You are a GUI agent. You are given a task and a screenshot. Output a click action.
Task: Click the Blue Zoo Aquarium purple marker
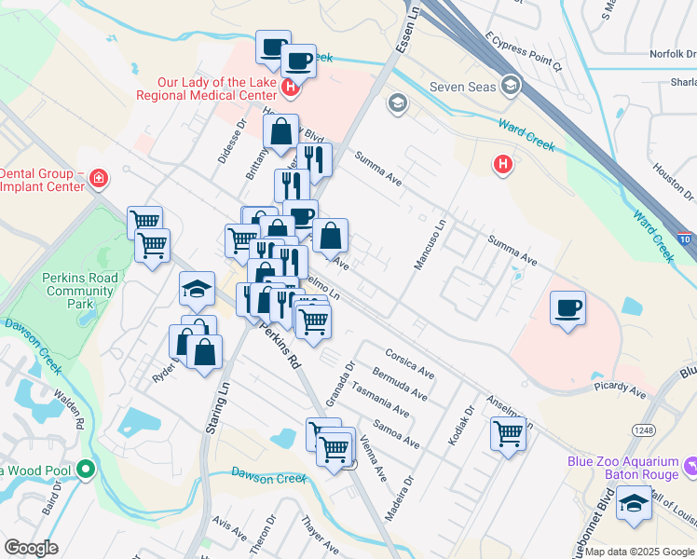click(x=690, y=464)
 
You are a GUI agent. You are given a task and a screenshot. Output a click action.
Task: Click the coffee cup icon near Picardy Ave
click(x=567, y=307)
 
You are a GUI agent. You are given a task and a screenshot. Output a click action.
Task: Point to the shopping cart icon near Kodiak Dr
click(x=509, y=433)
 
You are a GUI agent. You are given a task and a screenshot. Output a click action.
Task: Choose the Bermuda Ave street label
click(x=399, y=384)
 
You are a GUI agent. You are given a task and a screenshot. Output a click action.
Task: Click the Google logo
click(x=31, y=548)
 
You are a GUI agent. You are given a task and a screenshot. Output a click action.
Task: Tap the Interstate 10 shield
click(x=685, y=240)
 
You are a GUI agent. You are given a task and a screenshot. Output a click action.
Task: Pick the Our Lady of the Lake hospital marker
click(x=291, y=89)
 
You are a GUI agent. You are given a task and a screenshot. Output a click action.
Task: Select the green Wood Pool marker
click(x=87, y=468)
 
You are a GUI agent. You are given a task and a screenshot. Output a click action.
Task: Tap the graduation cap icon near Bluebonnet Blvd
click(x=634, y=504)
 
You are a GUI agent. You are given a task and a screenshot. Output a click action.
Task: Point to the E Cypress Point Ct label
click(x=523, y=51)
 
